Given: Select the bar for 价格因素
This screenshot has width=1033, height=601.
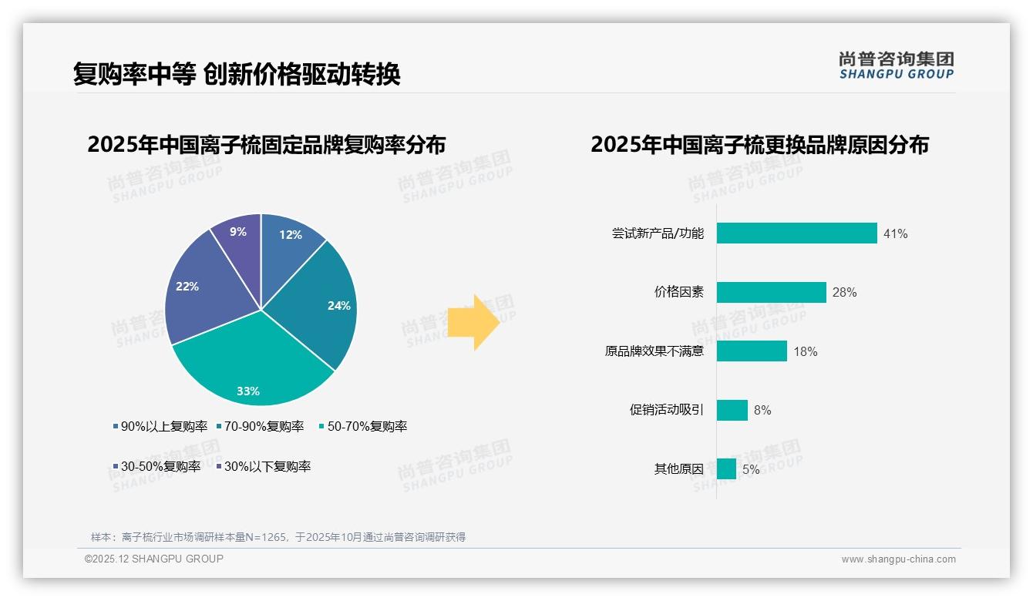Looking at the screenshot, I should (771, 292).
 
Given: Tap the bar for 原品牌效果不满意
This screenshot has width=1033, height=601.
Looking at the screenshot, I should (752, 351).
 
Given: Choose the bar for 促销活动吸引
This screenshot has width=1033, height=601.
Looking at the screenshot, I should (732, 410).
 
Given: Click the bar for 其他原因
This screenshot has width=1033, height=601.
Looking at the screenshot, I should (726, 468).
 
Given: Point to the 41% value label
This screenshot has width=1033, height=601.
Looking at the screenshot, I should (895, 233).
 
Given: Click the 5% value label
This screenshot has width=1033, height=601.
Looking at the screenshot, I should (751, 469).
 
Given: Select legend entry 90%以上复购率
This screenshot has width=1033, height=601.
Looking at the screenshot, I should (160, 426).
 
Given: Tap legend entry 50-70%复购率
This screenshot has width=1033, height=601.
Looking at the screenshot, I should (363, 426).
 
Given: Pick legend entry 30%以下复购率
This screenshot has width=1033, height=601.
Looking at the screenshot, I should (263, 466).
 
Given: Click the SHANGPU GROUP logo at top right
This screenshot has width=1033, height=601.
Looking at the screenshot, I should (896, 65).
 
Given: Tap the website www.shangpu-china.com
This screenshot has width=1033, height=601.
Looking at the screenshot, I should (898, 559).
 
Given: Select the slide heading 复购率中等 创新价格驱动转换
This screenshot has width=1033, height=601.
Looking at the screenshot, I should (237, 74).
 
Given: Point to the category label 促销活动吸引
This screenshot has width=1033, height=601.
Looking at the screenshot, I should (666, 410).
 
